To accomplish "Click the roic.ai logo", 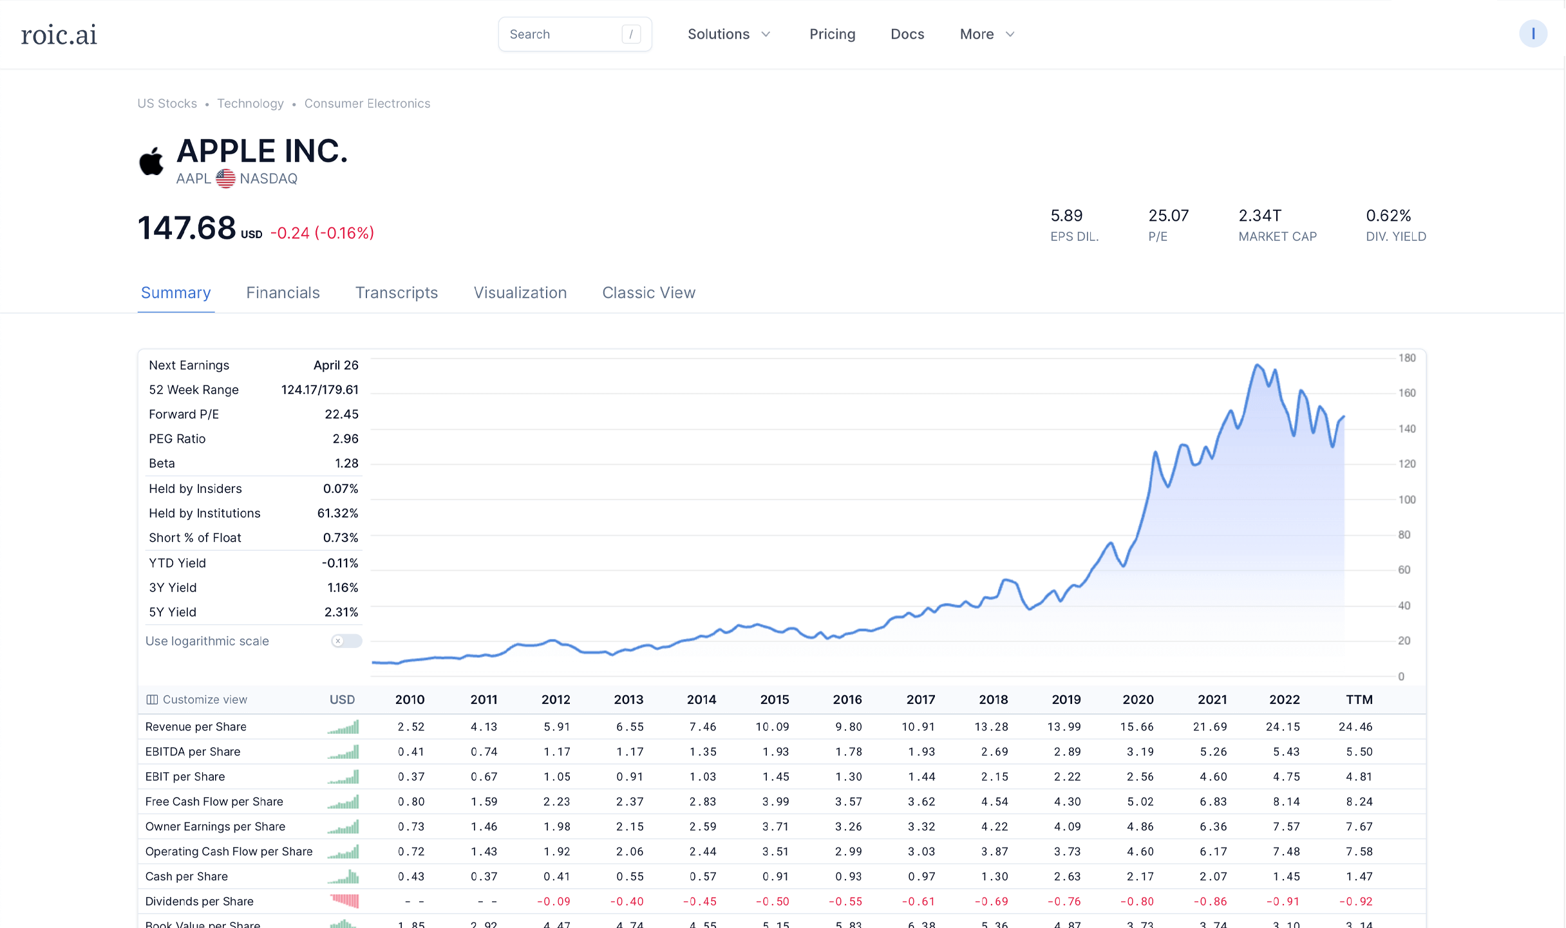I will pyautogui.click(x=59, y=35).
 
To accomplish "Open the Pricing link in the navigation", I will pyautogui.click(x=832, y=35).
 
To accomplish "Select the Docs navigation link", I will pyautogui.click(x=907, y=35).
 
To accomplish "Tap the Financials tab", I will pyautogui.click(x=283, y=293).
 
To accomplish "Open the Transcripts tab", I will pyautogui.click(x=396, y=293).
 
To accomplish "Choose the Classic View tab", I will pyautogui.click(x=648, y=293).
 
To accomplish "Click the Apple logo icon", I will pyautogui.click(x=152, y=161).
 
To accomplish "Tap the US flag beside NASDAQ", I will pyautogui.click(x=225, y=178).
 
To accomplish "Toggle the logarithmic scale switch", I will pyautogui.click(x=346, y=641).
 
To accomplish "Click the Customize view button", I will pyautogui.click(x=197, y=700).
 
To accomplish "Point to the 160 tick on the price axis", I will pyautogui.click(x=1407, y=393).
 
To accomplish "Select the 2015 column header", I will pyautogui.click(x=774, y=700).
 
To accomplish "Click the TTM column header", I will pyautogui.click(x=1359, y=700).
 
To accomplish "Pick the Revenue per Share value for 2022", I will pyautogui.click(x=1283, y=727).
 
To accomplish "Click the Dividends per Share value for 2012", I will pyautogui.click(x=554, y=902).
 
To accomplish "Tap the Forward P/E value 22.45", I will pyautogui.click(x=341, y=414).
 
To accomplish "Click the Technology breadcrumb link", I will pyautogui.click(x=250, y=104).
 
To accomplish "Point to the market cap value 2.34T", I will pyautogui.click(x=1259, y=216).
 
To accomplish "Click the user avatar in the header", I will pyautogui.click(x=1533, y=34).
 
